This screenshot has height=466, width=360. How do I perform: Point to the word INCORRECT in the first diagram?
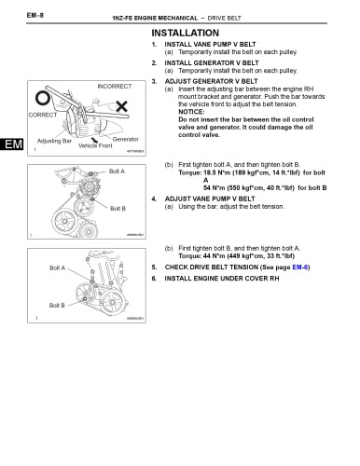pyautogui.click(x=115, y=86)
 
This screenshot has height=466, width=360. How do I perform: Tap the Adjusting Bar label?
pyautogui.click(x=54, y=141)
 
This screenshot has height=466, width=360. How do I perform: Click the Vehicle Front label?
pyautogui.click(x=94, y=146)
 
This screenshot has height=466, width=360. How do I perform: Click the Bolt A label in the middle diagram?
pyautogui.click(x=117, y=171)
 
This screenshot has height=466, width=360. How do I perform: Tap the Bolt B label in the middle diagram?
pyautogui.click(x=118, y=208)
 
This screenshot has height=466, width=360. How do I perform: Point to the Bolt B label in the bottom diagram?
pyautogui.click(x=57, y=305)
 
